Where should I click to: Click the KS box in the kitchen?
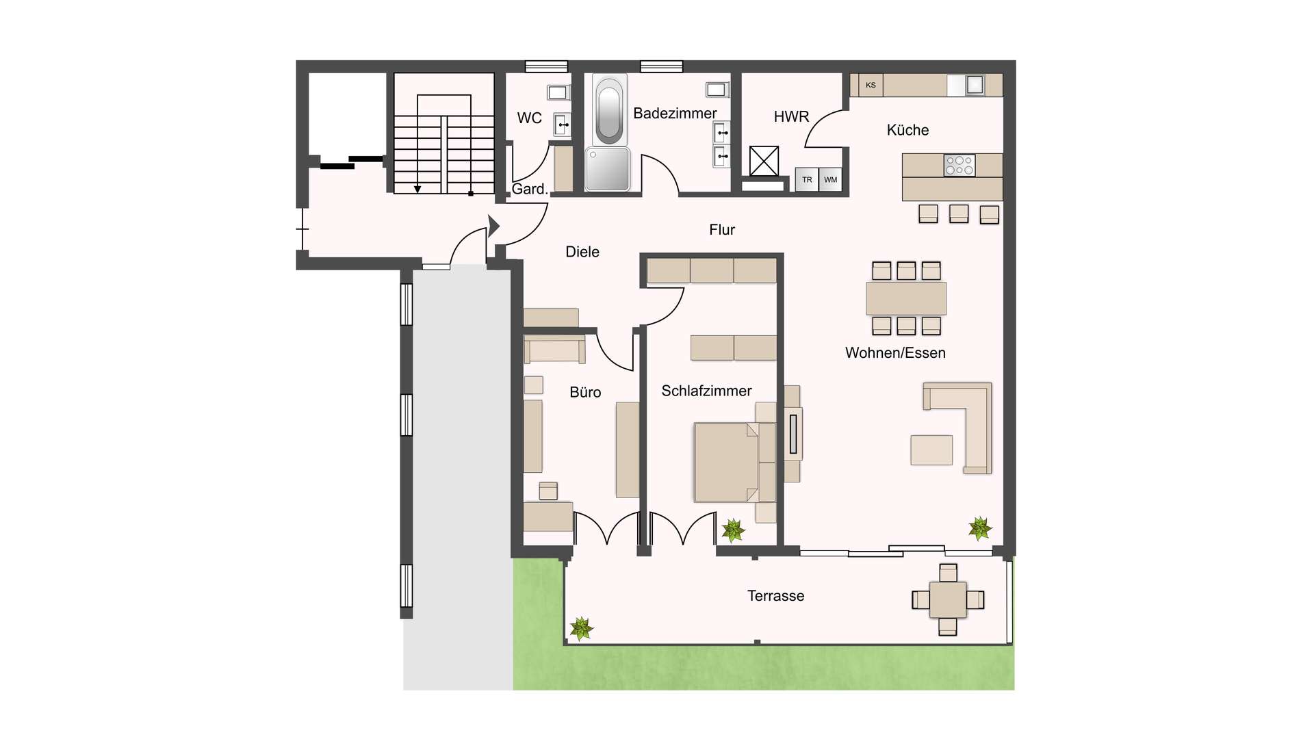[x=871, y=85]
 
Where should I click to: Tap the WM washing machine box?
[x=830, y=180]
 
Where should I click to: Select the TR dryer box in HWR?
[x=807, y=180]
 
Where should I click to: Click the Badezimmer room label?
[x=675, y=114]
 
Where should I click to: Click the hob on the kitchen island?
[x=959, y=165]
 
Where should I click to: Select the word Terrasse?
[x=775, y=596]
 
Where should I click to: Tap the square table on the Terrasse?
[x=948, y=600]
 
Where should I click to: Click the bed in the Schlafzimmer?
[x=727, y=463]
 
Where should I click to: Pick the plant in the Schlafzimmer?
[x=733, y=530]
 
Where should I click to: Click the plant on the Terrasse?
[x=581, y=627]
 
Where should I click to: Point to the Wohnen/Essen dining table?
[x=906, y=299]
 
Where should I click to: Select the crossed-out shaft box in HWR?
[x=764, y=161]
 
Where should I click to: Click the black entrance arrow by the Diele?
[x=493, y=225]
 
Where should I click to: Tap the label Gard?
[x=530, y=190]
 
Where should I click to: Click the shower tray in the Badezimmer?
[x=608, y=169]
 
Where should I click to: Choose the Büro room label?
[x=585, y=393]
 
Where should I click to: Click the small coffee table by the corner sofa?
[x=931, y=450]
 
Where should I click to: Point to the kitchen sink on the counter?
[x=975, y=85]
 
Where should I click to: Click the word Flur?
[x=722, y=230]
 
